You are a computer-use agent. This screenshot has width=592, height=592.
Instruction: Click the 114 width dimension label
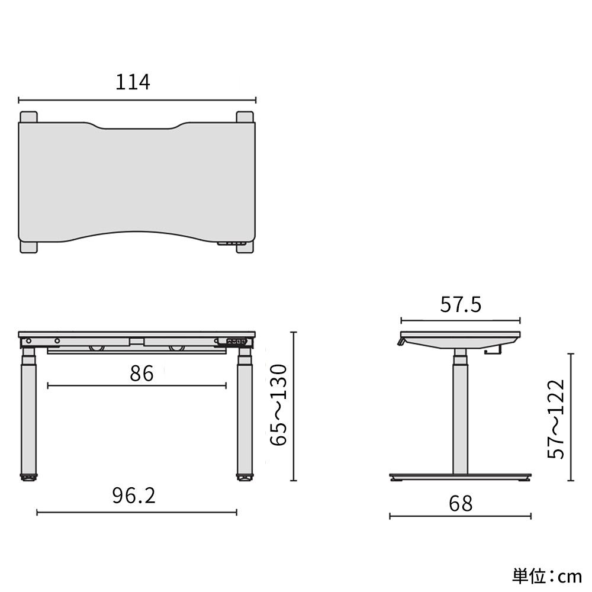coord(133,82)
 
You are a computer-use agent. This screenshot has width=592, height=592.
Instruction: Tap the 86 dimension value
coord(141,374)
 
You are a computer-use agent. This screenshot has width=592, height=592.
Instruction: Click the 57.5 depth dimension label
coord(461,305)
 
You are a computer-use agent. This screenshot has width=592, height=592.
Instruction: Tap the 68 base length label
coord(461,503)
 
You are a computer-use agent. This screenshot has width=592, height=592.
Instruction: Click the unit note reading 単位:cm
coord(547,575)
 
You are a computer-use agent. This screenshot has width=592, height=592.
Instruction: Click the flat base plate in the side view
coord(460,476)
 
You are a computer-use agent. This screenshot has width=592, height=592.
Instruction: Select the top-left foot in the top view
coord(28,117)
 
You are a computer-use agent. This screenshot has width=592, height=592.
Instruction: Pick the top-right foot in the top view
coord(244,117)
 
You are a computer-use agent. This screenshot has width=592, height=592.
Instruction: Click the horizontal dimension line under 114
coord(137,100)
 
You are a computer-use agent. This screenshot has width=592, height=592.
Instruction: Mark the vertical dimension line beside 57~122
coord(571,417)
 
